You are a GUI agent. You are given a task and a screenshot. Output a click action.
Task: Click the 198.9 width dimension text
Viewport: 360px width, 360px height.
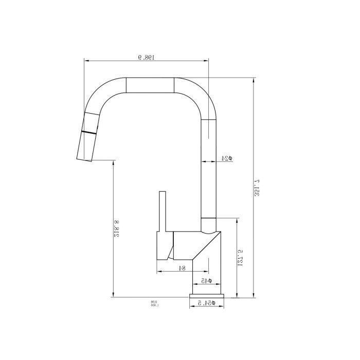(147, 57)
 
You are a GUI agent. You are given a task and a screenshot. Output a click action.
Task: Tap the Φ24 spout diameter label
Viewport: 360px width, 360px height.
(226, 158)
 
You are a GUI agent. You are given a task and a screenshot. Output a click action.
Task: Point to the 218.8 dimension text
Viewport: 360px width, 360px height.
(118, 229)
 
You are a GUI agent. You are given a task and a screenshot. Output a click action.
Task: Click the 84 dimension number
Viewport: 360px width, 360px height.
(182, 267)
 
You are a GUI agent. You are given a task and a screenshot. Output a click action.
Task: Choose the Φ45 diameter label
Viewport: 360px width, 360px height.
(206, 281)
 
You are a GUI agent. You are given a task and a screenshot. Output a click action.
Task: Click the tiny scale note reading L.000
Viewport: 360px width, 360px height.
(154, 305)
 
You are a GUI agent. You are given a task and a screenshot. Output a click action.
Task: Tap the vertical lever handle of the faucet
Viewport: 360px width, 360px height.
(163, 211)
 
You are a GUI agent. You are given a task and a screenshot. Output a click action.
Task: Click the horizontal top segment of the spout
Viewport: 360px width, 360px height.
(150, 85)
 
